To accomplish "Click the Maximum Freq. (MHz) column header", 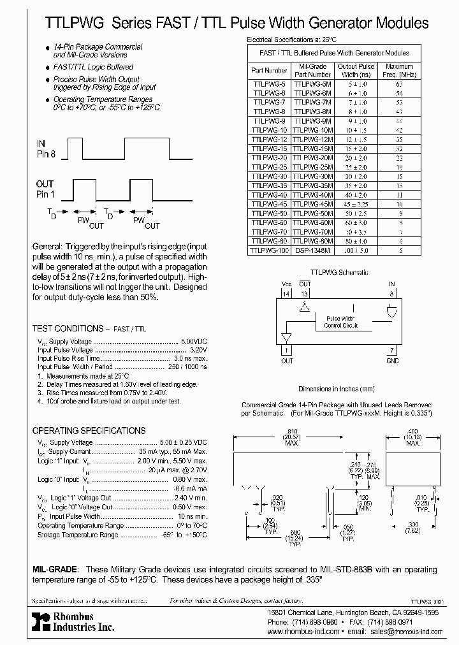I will (400, 70).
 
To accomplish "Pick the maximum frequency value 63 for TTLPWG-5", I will (400, 83).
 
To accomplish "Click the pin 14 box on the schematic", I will (286, 293).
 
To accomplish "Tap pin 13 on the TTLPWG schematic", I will (305, 293).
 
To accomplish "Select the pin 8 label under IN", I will (392, 293).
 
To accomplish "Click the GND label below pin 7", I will (392, 361).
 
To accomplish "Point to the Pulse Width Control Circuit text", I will (340, 322).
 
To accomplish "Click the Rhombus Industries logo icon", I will (40, 623).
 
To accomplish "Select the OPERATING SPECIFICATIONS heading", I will (89, 430).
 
